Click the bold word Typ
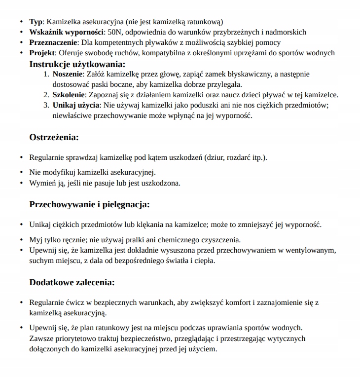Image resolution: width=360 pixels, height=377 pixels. click(x=36, y=22)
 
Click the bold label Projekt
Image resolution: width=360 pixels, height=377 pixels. click(x=43, y=53)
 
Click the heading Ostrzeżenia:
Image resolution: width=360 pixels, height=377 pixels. click(x=54, y=137)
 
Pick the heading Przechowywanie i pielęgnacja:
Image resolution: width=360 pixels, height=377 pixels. click(x=89, y=204)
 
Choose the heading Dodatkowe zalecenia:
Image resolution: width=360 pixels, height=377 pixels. click(x=72, y=282)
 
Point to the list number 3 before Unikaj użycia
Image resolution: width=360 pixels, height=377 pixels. click(x=47, y=105)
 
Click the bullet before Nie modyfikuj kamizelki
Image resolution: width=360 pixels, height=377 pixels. click(x=21, y=173)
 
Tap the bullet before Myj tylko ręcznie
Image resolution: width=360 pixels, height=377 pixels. click(x=21, y=240)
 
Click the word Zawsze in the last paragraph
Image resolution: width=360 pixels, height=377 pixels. click(x=41, y=339)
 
